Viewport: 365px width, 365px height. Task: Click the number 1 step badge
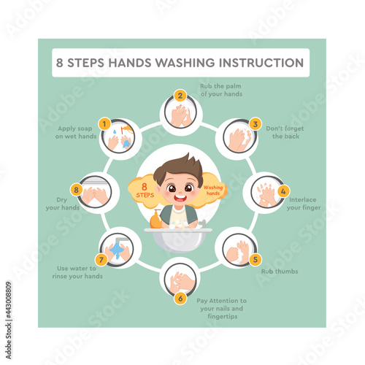[104, 124]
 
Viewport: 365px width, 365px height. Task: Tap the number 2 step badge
[180, 96]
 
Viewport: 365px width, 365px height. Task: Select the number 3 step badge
[255, 124]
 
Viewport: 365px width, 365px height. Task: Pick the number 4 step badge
[283, 191]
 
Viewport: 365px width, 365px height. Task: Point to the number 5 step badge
[255, 259]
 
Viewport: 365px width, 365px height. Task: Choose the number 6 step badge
[180, 298]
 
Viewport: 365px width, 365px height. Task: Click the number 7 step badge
[101, 260]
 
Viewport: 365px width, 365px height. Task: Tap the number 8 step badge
[77, 190]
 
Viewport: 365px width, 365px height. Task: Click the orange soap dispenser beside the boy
[155, 219]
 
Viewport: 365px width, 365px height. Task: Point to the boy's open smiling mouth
[180, 197]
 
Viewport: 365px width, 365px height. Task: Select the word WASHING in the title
[185, 63]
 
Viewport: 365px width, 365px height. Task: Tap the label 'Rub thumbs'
[280, 272]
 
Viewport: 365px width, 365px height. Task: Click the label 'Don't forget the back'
[285, 132]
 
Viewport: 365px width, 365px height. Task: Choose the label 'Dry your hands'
[63, 204]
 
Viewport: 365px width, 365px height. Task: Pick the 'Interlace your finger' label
[304, 204]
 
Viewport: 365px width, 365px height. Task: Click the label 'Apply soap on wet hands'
[76, 132]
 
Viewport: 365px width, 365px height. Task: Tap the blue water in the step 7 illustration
[117, 250]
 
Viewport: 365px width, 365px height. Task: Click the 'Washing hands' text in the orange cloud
[213, 191]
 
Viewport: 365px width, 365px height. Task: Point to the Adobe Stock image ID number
[9, 301]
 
